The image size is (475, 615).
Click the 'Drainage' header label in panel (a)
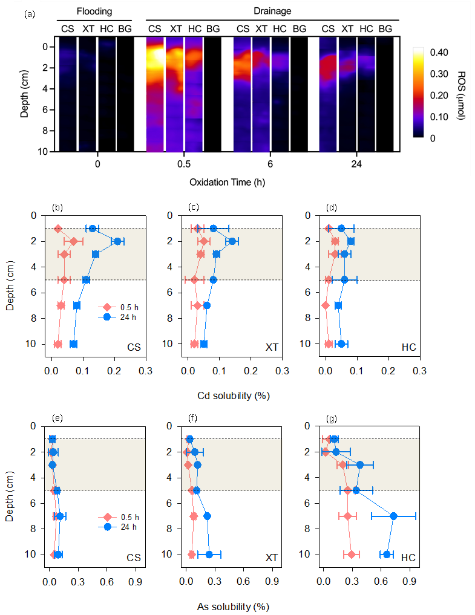click(x=271, y=11)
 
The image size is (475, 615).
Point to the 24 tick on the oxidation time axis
click(x=356, y=164)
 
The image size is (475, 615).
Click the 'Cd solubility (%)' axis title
click(x=234, y=396)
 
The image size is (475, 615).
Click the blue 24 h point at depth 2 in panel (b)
click(x=117, y=241)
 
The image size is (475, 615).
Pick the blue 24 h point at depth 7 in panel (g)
click(x=394, y=516)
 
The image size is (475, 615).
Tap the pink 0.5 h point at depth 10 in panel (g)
click(x=352, y=555)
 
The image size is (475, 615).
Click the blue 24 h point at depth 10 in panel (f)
click(x=209, y=555)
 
